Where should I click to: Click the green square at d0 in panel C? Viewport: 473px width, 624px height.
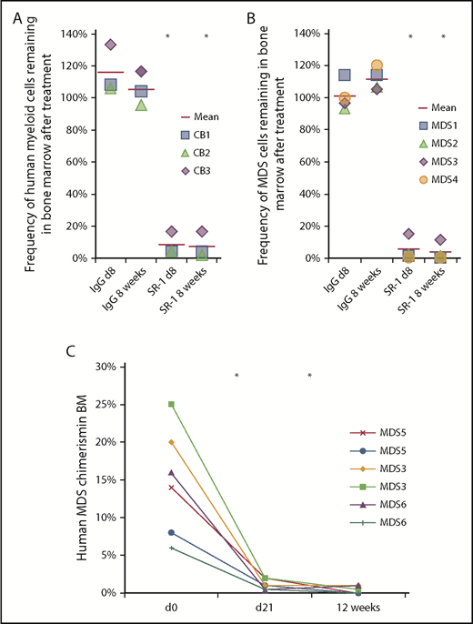145,404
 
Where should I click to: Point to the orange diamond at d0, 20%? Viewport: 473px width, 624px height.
145,442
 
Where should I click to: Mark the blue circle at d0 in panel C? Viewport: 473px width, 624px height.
145,532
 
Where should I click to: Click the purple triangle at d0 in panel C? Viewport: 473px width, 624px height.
145,472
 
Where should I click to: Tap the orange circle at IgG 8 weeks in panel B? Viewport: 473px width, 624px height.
377,65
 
